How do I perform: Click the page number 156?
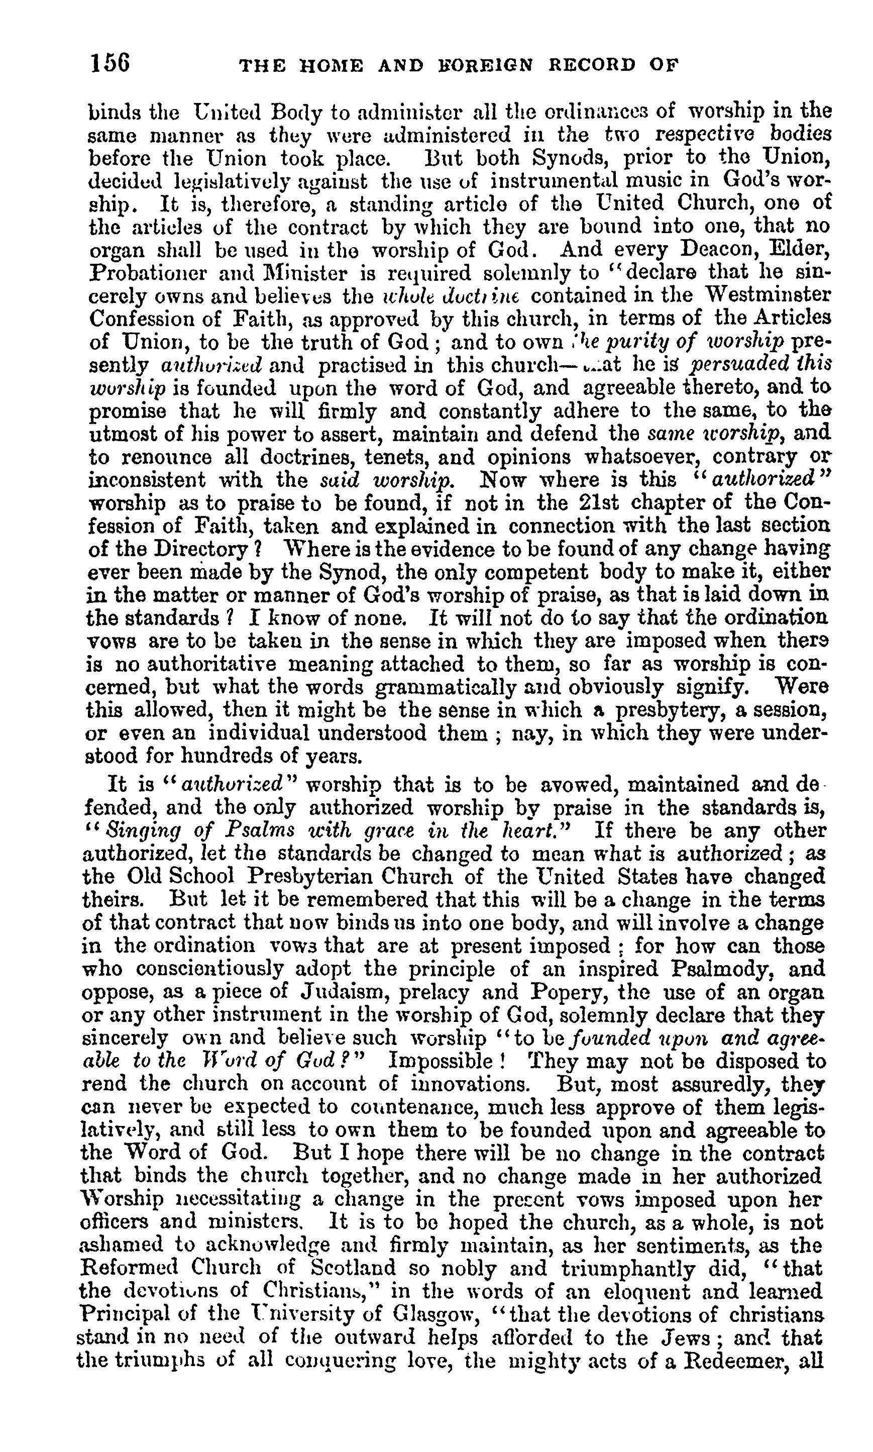(x=110, y=63)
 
